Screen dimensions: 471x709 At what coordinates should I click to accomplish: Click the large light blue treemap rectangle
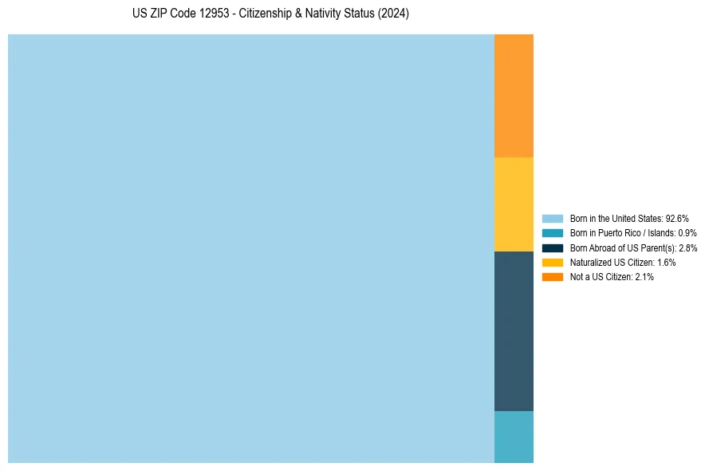[x=251, y=248]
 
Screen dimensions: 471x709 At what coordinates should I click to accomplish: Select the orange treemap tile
[x=514, y=96]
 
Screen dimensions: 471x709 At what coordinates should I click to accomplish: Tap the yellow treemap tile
[x=514, y=204]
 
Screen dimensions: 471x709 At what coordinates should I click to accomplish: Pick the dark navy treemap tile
[x=514, y=331]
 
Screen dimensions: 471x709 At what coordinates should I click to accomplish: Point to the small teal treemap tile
[x=514, y=437]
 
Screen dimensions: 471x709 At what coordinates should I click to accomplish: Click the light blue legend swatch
[x=553, y=218]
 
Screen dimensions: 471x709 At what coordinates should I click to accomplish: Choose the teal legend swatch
[x=553, y=233]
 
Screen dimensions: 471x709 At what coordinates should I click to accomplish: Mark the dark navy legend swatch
[x=553, y=247]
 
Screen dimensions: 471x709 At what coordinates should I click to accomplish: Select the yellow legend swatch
[x=553, y=262]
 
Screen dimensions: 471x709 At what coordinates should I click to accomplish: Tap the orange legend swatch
[x=553, y=276]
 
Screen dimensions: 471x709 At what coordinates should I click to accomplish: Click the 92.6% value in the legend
[x=676, y=218]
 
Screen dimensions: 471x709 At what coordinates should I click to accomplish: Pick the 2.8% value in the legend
[x=687, y=247]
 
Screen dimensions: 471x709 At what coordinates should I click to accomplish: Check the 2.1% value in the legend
[x=644, y=276]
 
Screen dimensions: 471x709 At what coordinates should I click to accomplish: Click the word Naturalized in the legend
[x=589, y=262]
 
